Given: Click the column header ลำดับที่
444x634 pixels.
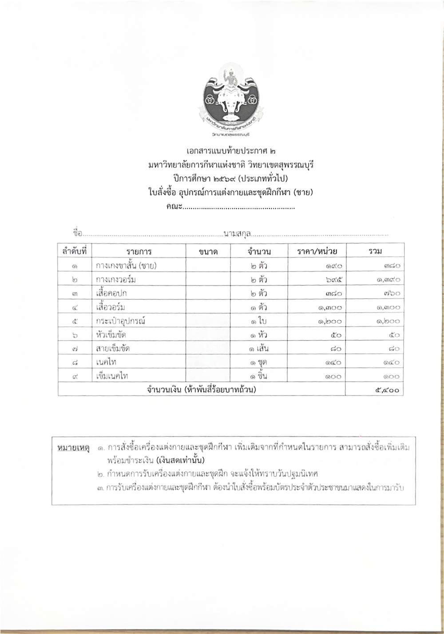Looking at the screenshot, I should pyautogui.click(x=74, y=251).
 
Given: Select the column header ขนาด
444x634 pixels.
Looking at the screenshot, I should pyautogui.click(x=208, y=252).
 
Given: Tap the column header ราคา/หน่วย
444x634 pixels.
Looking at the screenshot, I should pyautogui.click(x=317, y=252).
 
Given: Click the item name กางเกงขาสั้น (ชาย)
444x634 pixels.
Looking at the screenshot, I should pyautogui.click(x=127, y=266).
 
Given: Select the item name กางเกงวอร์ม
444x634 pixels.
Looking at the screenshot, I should pyautogui.click(x=116, y=280).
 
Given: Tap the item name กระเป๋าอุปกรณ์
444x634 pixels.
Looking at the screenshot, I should pyautogui.click(x=120, y=321).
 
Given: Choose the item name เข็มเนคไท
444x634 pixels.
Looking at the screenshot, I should pyautogui.click(x=112, y=376).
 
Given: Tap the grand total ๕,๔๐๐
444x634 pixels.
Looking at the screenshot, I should pyautogui.click(x=387, y=390).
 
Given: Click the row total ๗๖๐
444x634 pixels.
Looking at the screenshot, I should pyautogui.click(x=391, y=294).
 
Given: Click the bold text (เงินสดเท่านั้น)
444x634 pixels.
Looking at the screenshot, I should pyautogui.click(x=180, y=459).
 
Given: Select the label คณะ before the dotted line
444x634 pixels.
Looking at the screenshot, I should pyautogui.click(x=174, y=207).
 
